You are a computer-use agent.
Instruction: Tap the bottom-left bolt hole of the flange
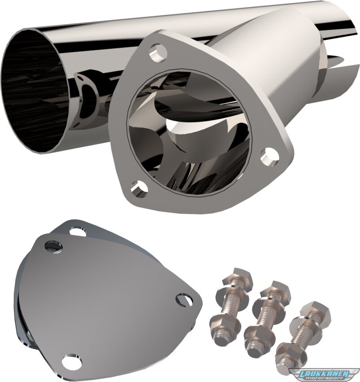(x=139, y=189)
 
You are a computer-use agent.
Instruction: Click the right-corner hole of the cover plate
(x=185, y=300)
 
